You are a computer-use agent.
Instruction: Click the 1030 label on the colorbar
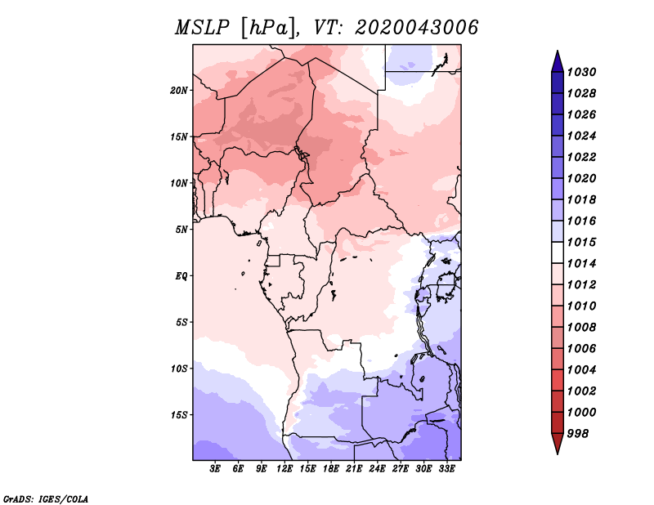(582, 72)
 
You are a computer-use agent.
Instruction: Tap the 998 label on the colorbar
(578, 434)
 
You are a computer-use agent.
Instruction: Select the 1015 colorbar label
(582, 242)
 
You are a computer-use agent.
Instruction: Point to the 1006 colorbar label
(582, 349)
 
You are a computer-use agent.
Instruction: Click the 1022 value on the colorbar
(582, 157)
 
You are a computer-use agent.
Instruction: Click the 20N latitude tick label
(179, 91)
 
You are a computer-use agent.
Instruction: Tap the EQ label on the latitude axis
(181, 276)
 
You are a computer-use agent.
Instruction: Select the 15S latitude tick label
(179, 415)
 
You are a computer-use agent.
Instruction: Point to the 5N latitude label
(181, 230)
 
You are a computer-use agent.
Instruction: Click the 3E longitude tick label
(215, 469)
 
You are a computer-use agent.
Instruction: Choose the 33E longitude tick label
(446, 469)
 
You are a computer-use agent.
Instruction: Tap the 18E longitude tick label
(331, 469)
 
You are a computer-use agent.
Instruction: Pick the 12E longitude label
(284, 469)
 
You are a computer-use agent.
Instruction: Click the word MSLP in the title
(202, 28)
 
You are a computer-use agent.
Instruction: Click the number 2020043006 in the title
(416, 28)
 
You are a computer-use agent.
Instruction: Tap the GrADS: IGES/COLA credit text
(46, 498)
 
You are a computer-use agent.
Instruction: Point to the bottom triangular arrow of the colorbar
(558, 443)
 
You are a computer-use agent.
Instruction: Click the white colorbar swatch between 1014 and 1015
(558, 252)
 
